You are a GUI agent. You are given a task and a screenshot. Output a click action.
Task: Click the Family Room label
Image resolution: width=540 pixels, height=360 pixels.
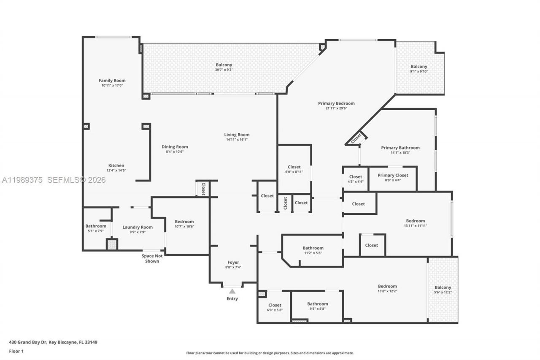[112, 81]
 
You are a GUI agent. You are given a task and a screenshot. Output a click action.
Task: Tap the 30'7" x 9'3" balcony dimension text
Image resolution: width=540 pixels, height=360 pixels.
[224, 70]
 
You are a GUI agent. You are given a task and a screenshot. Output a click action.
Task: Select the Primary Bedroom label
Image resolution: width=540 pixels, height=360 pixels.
[336, 103]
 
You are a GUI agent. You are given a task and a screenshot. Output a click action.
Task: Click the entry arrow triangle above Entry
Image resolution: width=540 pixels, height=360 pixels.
[232, 291]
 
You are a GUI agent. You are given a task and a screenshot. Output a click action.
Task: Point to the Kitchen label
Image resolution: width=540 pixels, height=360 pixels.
[116, 165]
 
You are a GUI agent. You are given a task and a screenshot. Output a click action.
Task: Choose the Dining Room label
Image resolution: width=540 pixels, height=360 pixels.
[175, 147]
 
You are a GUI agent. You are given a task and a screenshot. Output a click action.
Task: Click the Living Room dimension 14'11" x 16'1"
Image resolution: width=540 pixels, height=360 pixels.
[237, 139]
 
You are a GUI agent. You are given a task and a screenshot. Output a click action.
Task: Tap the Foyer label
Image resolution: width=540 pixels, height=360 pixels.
[233, 262]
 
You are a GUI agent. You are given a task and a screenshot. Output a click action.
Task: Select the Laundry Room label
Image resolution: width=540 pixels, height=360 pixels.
[138, 227]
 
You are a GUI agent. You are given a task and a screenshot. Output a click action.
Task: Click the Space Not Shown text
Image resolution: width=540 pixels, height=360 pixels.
[152, 259]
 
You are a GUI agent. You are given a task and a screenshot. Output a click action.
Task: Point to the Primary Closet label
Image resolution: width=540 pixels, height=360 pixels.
[393, 175]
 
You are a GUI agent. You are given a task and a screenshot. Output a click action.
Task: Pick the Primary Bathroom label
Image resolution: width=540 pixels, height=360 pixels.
[400, 148]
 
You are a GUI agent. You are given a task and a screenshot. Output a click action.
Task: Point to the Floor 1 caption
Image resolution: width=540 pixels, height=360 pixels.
[16, 351]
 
